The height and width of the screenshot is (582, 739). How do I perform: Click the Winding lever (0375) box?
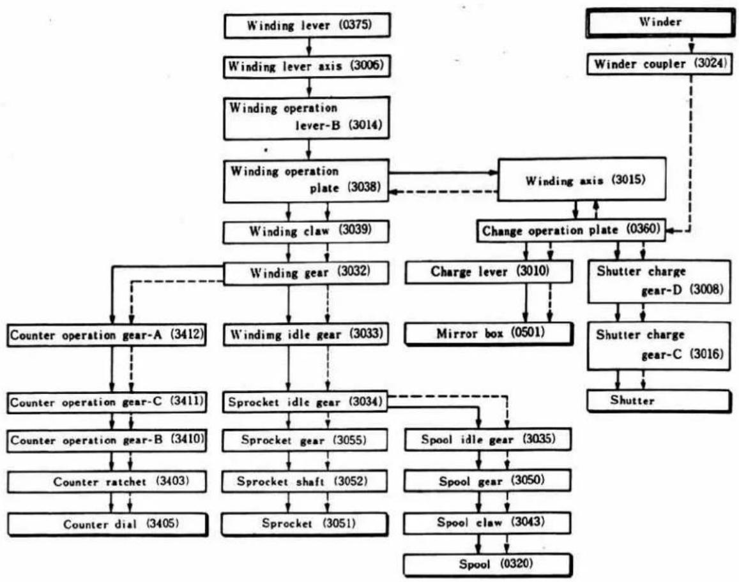pyautogui.click(x=307, y=26)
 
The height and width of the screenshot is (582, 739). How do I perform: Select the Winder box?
pyautogui.click(x=660, y=22)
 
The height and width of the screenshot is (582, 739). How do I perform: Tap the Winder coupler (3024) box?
pyautogui.click(x=660, y=64)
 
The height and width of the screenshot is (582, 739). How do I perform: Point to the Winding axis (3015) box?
pyautogui.click(x=582, y=179)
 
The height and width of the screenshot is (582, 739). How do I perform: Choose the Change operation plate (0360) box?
pyautogui.click(x=571, y=231)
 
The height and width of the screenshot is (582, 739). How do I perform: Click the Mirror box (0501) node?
pyautogui.click(x=489, y=334)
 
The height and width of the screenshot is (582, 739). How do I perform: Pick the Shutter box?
pyautogui.click(x=659, y=401)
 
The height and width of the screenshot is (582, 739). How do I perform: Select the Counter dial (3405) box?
pyautogui.click(x=107, y=525)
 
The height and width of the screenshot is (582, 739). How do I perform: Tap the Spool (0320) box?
pyautogui.click(x=488, y=565)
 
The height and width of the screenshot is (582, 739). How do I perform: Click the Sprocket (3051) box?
pyautogui.click(x=305, y=524)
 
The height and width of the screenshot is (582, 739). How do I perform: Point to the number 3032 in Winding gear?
pyautogui.click(x=355, y=272)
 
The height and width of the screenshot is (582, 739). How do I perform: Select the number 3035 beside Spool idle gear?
pyautogui.click(x=538, y=439)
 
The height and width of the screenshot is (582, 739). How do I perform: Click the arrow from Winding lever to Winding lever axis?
pyautogui.click(x=309, y=46)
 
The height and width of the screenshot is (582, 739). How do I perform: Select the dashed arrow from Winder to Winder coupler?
pyautogui.click(x=691, y=45)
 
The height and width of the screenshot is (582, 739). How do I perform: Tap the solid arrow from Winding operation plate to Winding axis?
pyautogui.click(x=443, y=172)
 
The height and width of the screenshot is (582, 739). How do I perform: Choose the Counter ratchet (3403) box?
pyautogui.click(x=107, y=481)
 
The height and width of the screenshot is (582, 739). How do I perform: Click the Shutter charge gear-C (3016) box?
pyautogui.click(x=659, y=346)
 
